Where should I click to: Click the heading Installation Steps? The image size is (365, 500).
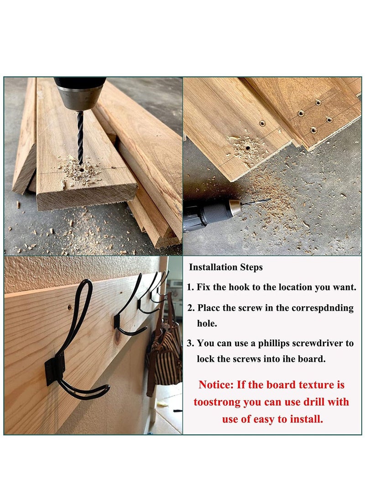coord(226,267)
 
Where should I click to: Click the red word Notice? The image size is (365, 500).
coord(216,385)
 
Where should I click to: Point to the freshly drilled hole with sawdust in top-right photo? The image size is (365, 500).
coord(247,148)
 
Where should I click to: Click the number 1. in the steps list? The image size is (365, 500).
coord(191,287)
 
